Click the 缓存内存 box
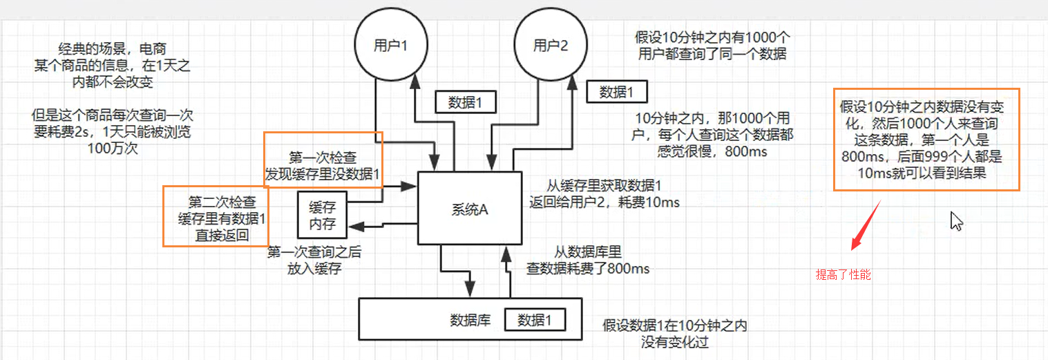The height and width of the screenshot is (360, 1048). [x=321, y=216]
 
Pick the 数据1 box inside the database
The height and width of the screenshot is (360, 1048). [x=535, y=320]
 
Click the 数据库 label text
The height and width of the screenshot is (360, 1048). [x=470, y=320]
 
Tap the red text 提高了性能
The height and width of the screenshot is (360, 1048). [x=844, y=274]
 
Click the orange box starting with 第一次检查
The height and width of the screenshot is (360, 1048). [x=323, y=160]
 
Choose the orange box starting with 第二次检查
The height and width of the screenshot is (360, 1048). [x=215, y=216]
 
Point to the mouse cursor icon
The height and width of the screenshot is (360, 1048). [x=956, y=221]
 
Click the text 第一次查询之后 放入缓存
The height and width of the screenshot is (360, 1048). [x=314, y=260]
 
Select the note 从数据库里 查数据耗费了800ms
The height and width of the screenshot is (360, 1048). [x=589, y=260]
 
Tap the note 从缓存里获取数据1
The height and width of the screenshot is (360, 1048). [x=604, y=193]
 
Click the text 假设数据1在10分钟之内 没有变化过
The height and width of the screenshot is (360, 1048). [x=674, y=333]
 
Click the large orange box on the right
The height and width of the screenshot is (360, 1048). [x=926, y=140]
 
